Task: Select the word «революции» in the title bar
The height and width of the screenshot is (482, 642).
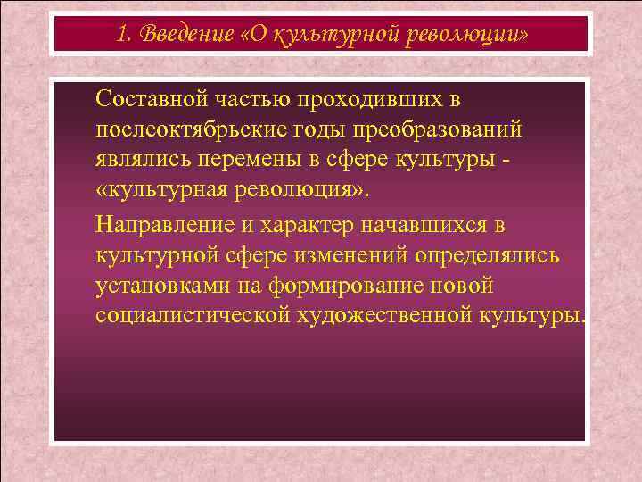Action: coord(477,35)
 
